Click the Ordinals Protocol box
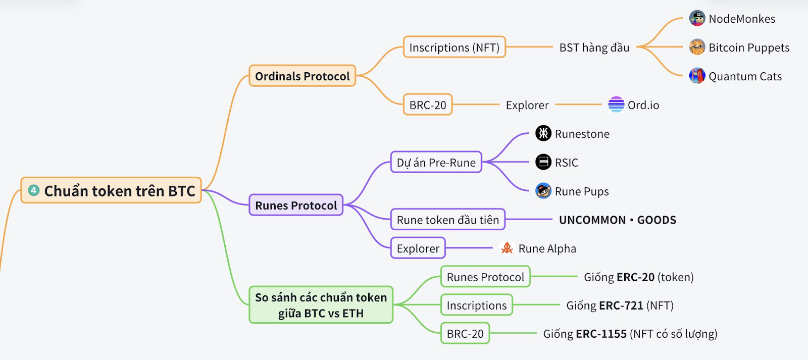coord(302,76)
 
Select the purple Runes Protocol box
coord(296,205)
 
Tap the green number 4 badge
coord(33,190)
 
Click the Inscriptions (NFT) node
coord(454,47)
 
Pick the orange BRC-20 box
coord(427,105)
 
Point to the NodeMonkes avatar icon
coord(697,18)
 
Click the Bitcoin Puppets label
coord(749,47)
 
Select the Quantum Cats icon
coord(697,76)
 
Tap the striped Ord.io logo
coord(616,104)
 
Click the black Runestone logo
coord(543,133)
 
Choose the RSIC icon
coord(543,162)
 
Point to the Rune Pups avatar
coord(543,191)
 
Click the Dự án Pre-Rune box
coord(436,162)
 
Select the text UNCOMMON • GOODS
coord(618,220)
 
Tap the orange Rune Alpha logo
coord(507,248)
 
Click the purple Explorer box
coord(418,248)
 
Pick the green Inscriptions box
coord(477,305)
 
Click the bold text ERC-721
coord(621,305)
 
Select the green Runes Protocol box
coord(485,277)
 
